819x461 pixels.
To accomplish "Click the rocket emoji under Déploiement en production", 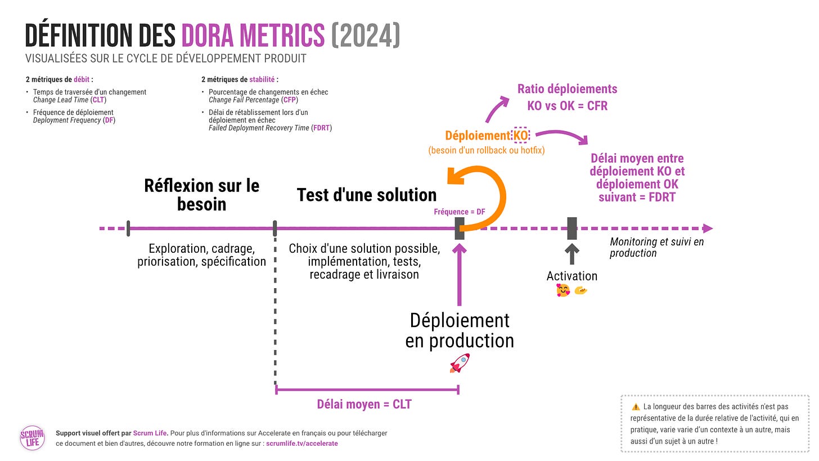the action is tap(460, 364).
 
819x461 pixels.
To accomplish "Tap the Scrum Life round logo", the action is tap(32, 438).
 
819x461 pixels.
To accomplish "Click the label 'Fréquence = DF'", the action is tap(459, 212).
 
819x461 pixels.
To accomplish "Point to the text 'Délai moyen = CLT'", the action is tap(364, 404).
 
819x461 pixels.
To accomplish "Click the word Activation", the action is tap(571, 276).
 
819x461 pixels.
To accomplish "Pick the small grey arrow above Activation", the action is tap(572, 254).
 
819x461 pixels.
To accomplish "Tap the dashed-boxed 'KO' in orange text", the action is tap(520, 135).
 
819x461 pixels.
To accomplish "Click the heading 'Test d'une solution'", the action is tap(366, 195).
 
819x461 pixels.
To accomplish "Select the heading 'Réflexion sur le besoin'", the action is tap(201, 194).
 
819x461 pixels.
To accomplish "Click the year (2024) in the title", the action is tap(366, 36).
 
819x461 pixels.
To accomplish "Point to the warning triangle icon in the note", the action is tap(636, 406).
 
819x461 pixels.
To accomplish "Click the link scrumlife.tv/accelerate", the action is tap(301, 444).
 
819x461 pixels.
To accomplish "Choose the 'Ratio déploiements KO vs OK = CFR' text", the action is tap(567, 97).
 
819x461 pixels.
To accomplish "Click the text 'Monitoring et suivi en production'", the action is tap(656, 247).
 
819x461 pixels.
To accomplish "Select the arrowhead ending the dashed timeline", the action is tap(708, 229).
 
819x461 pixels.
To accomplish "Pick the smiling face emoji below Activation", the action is tap(562, 290).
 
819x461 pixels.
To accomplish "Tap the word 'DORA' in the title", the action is tap(214, 36).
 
